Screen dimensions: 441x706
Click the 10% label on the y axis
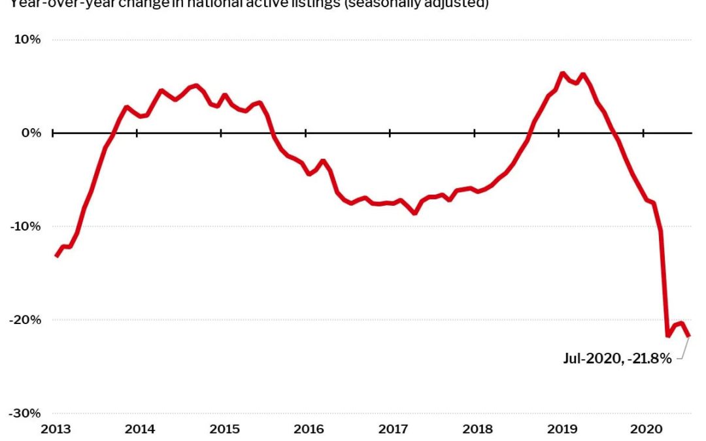point(28,39)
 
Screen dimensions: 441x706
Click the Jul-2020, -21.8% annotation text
point(617,358)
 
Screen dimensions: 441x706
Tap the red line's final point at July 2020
point(688,336)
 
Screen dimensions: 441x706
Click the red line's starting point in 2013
point(56,255)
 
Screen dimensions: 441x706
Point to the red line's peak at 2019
point(562,73)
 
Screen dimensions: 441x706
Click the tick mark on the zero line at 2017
point(390,133)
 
